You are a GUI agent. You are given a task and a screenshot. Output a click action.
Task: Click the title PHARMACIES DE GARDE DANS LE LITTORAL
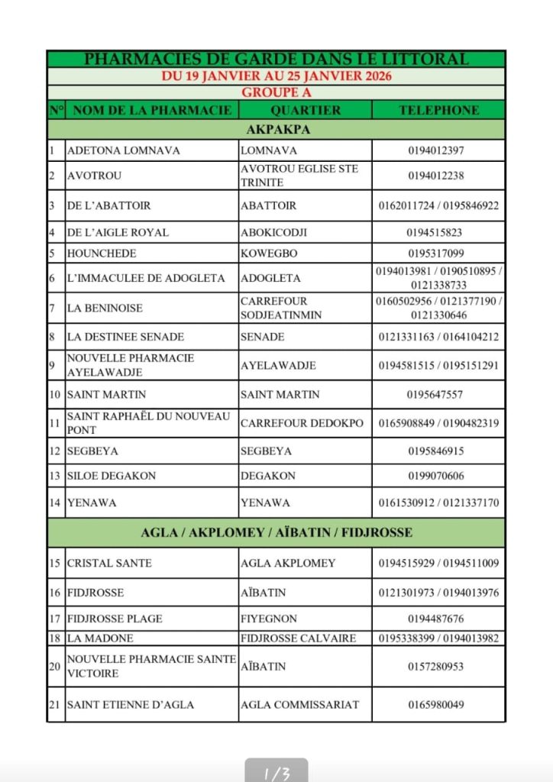coord(276,60)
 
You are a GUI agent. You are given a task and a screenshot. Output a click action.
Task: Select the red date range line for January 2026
coord(276,76)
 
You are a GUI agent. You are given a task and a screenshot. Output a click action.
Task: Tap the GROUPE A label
coord(276,92)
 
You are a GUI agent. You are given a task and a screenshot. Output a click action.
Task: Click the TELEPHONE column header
coord(438,110)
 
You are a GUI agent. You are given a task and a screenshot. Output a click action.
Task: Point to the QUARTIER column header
coord(306,110)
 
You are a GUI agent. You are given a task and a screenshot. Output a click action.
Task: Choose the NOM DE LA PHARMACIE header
coord(151,110)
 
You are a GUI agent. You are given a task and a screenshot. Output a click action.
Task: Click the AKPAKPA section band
coord(276,129)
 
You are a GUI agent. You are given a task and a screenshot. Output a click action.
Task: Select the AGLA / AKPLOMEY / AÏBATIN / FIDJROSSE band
coord(276,532)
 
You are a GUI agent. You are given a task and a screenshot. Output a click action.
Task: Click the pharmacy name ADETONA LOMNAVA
coord(124,150)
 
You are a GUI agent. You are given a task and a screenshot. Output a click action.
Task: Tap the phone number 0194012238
coord(438,176)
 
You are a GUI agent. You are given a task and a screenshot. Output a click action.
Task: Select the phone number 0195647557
coord(438,395)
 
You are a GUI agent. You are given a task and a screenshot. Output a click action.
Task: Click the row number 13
coord(55,476)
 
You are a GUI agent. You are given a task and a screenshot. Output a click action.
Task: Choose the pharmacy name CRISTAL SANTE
coord(109,563)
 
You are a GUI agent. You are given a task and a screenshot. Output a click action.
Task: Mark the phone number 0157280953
coord(438,667)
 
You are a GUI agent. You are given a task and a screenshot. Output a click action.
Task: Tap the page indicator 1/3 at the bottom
coord(276,773)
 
